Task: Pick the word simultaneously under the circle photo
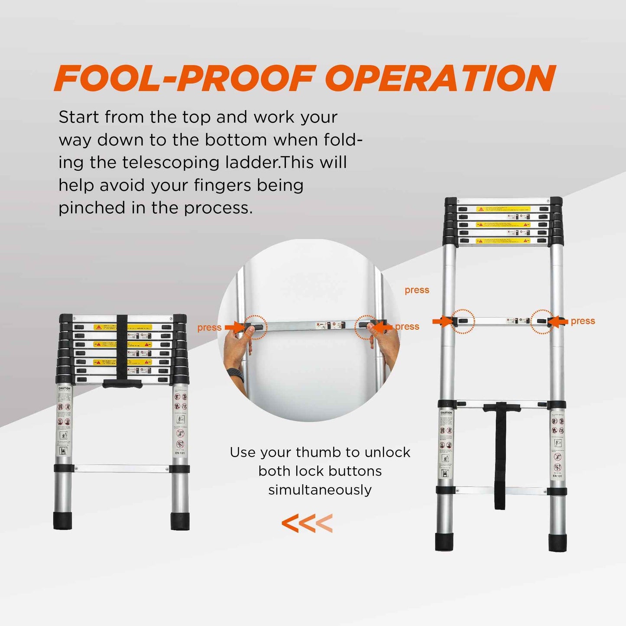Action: (x=320, y=490)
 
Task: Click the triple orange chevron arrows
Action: (x=307, y=523)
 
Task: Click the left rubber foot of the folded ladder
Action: (x=62, y=520)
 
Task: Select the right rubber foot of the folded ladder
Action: (x=180, y=521)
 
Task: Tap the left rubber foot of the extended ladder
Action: (x=444, y=542)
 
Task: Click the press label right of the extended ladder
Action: (x=583, y=321)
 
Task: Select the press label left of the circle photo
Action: (x=209, y=328)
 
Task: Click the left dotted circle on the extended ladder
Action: (x=463, y=321)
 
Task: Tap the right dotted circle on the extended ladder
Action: (x=542, y=321)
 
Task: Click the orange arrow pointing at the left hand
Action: (x=234, y=327)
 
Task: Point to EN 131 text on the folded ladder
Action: (x=180, y=453)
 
